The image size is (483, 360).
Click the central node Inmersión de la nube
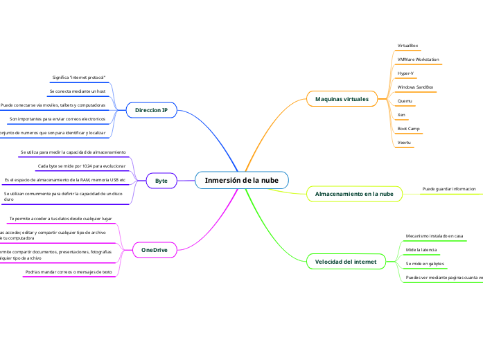click(x=242, y=180)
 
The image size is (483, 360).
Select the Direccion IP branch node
click(x=151, y=110)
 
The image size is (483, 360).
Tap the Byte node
click(x=161, y=180)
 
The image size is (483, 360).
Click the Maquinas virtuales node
click(x=342, y=99)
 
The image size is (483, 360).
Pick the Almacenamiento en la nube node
click(x=354, y=194)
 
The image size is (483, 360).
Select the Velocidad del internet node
click(x=346, y=262)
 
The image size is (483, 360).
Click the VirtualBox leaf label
click(x=407, y=46)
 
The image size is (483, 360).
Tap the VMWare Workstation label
click(x=418, y=60)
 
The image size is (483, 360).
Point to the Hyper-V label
click(x=405, y=73)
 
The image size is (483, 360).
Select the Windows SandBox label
click(x=415, y=87)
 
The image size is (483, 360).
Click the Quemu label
click(x=405, y=101)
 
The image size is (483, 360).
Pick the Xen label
click(x=401, y=114)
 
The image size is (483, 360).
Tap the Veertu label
click(x=404, y=143)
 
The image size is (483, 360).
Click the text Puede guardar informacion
click(x=449, y=188)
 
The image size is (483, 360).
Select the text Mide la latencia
click(x=421, y=249)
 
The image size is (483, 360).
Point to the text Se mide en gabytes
click(x=424, y=264)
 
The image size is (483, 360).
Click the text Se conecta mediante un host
click(x=77, y=91)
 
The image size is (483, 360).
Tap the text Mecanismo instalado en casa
click(x=434, y=236)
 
